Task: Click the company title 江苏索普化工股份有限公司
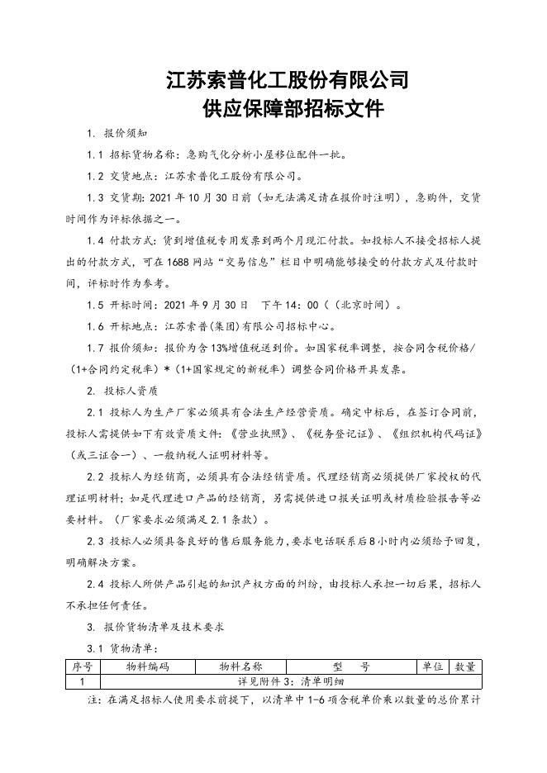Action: coord(287,81)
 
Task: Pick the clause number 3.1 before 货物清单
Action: coord(95,648)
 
